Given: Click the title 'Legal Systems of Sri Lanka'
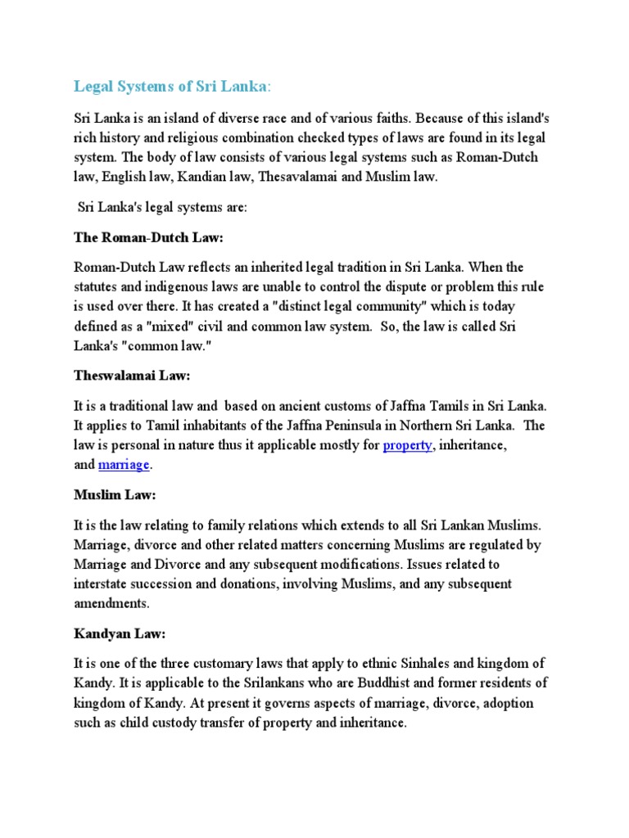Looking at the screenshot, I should (170, 86).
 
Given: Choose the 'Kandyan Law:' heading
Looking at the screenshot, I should (119, 634).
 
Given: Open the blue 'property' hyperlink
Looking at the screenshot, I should (407, 446).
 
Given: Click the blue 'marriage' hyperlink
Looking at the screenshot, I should (124, 465).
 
